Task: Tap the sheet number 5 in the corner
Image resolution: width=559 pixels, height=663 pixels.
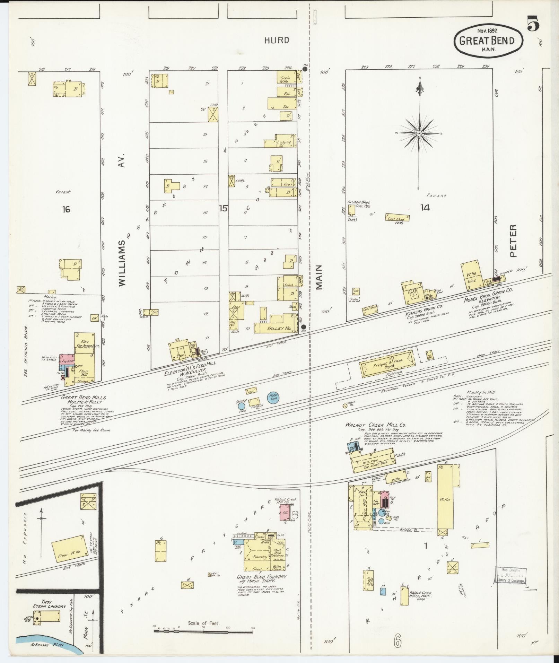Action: point(533,25)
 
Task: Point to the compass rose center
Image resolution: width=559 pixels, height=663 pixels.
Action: point(419,133)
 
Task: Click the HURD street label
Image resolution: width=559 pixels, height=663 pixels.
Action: point(277,41)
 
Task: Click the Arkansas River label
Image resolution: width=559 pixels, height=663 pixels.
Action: point(44,645)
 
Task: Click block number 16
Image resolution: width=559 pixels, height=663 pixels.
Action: point(66,209)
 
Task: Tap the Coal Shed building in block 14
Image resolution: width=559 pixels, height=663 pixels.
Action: point(397,218)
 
